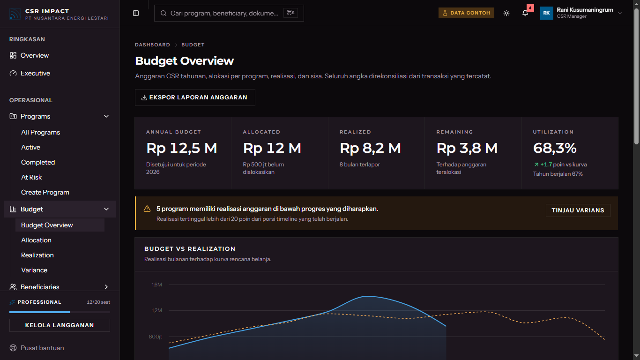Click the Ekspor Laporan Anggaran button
pos(195,97)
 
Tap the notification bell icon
pos(525,13)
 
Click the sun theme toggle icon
pos(506,13)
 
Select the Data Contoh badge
pos(466,13)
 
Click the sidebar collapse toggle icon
pos(136,13)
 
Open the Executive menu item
pos(35,73)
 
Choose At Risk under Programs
pos(31,177)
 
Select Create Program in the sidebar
pos(45,192)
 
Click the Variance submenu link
pos(34,270)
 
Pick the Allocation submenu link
pos(36,240)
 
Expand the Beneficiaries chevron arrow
pos(106,287)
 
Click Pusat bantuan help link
pos(42,348)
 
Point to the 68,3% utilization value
pos(555,148)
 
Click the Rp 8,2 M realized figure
pos(370,148)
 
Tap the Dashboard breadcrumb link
pos(153,45)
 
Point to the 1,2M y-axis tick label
pos(157,310)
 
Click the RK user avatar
pos(547,13)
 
